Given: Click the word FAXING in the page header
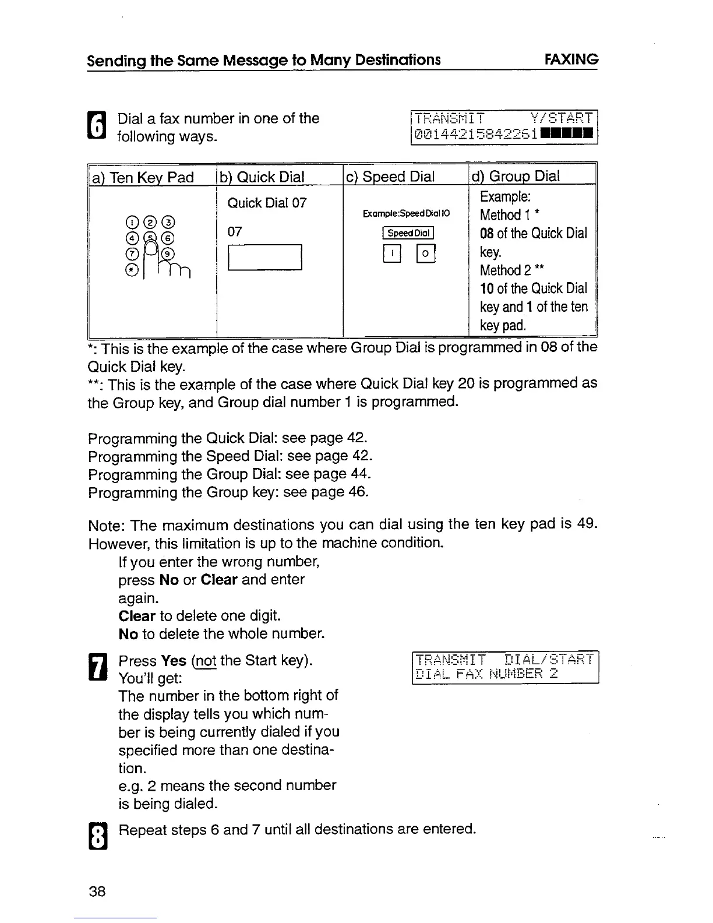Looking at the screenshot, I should [570, 59].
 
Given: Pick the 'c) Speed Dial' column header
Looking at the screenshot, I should [390, 177].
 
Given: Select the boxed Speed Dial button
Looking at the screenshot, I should [408, 233].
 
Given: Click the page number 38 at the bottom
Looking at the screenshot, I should [97, 891].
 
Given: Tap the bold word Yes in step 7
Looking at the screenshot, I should [174, 661].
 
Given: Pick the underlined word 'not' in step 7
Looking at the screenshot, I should [206, 661].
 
